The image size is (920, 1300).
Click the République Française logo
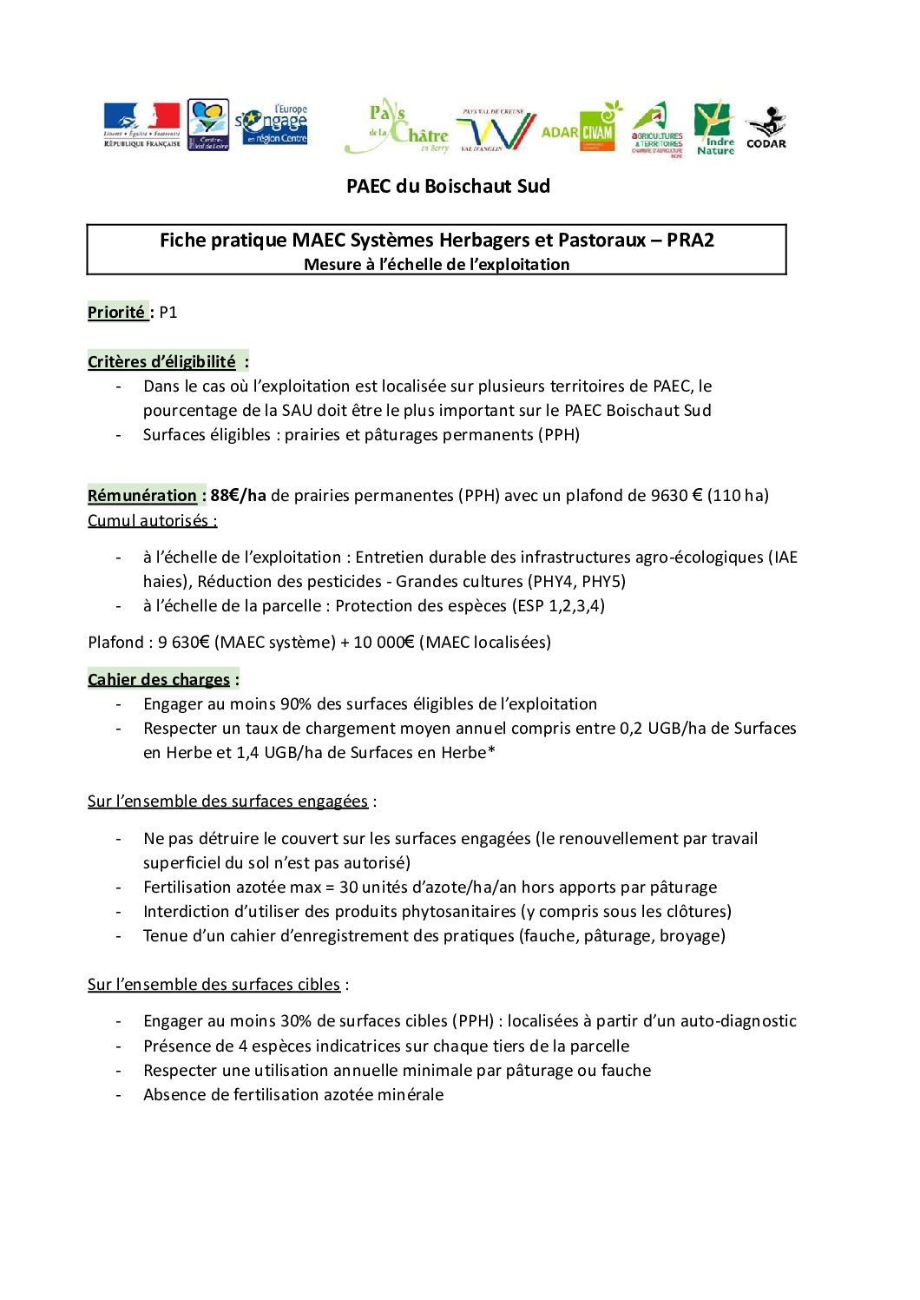tap(141, 125)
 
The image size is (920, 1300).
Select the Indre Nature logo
tap(714, 129)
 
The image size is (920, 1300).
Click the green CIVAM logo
tap(598, 129)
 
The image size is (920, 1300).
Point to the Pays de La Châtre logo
tap(398, 127)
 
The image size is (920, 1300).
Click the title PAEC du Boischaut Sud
tap(448, 186)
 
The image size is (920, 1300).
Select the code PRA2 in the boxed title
tap(690, 241)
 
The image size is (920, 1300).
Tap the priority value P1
tap(168, 313)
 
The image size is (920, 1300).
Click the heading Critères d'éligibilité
tap(161, 362)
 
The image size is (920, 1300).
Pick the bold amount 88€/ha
tap(238, 496)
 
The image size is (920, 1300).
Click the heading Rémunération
tap(142, 496)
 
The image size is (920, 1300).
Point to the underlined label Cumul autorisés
tap(152, 521)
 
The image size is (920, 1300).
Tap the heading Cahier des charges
tap(159, 680)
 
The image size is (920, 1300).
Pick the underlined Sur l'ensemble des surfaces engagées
tap(227, 802)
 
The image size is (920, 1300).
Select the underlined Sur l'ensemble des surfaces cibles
tap(214, 985)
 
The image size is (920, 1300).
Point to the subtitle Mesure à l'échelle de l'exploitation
tap(437, 265)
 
